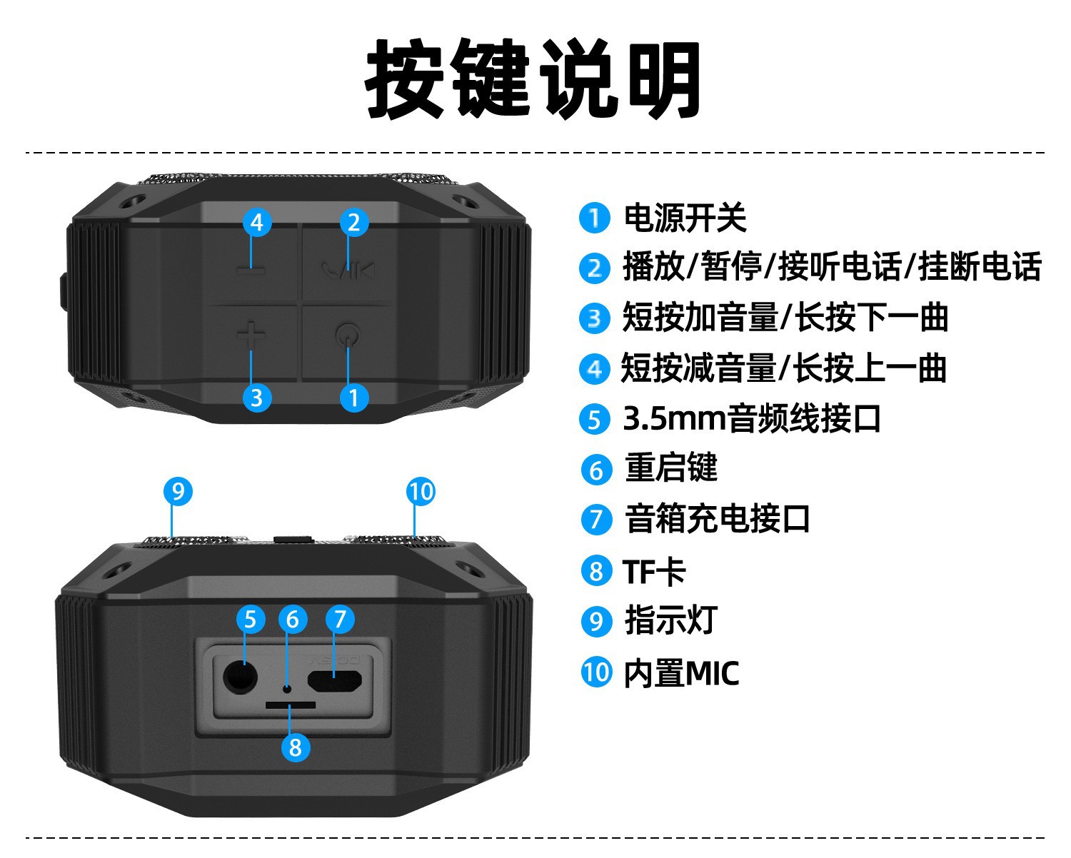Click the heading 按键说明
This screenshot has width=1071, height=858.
click(533, 79)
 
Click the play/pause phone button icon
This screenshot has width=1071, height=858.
click(348, 270)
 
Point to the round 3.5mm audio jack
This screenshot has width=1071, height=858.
click(240, 677)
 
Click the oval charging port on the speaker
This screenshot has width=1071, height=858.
click(334, 681)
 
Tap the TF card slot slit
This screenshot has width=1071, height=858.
click(290, 705)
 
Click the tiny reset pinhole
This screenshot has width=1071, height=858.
click(287, 688)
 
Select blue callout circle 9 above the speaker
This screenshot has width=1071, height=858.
click(178, 491)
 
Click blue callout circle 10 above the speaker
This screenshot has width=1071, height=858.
click(421, 491)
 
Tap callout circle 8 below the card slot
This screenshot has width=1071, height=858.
click(295, 747)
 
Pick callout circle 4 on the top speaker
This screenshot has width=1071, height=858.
click(257, 222)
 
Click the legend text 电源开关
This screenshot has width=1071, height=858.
click(685, 218)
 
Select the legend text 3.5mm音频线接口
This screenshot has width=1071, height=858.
click(752, 418)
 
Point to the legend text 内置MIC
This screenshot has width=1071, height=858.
click(681, 672)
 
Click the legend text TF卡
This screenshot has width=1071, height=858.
click(654, 571)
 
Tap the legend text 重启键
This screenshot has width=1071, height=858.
click(671, 469)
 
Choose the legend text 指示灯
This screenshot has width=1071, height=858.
click(671, 620)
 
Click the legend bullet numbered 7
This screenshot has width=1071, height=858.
click(596, 520)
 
